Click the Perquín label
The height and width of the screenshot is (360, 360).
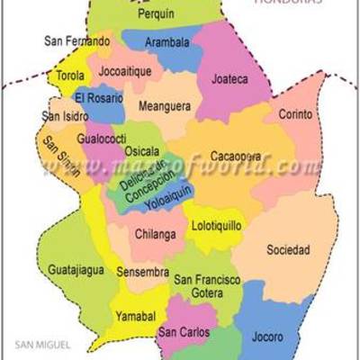pyautogui.click(x=157, y=15)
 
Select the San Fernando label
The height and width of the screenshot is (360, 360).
pyautogui.click(x=77, y=41)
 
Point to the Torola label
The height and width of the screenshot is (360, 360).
pyautogui.click(x=71, y=76)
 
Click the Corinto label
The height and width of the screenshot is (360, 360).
pyautogui.click(x=295, y=115)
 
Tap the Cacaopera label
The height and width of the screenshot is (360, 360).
pyautogui.click(x=236, y=157)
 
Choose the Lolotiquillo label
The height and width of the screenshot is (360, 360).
pyautogui.click(x=216, y=226)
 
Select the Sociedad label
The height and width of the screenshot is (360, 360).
pyautogui.click(x=288, y=249)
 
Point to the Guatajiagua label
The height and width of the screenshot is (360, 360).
pyautogui.click(x=76, y=269)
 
